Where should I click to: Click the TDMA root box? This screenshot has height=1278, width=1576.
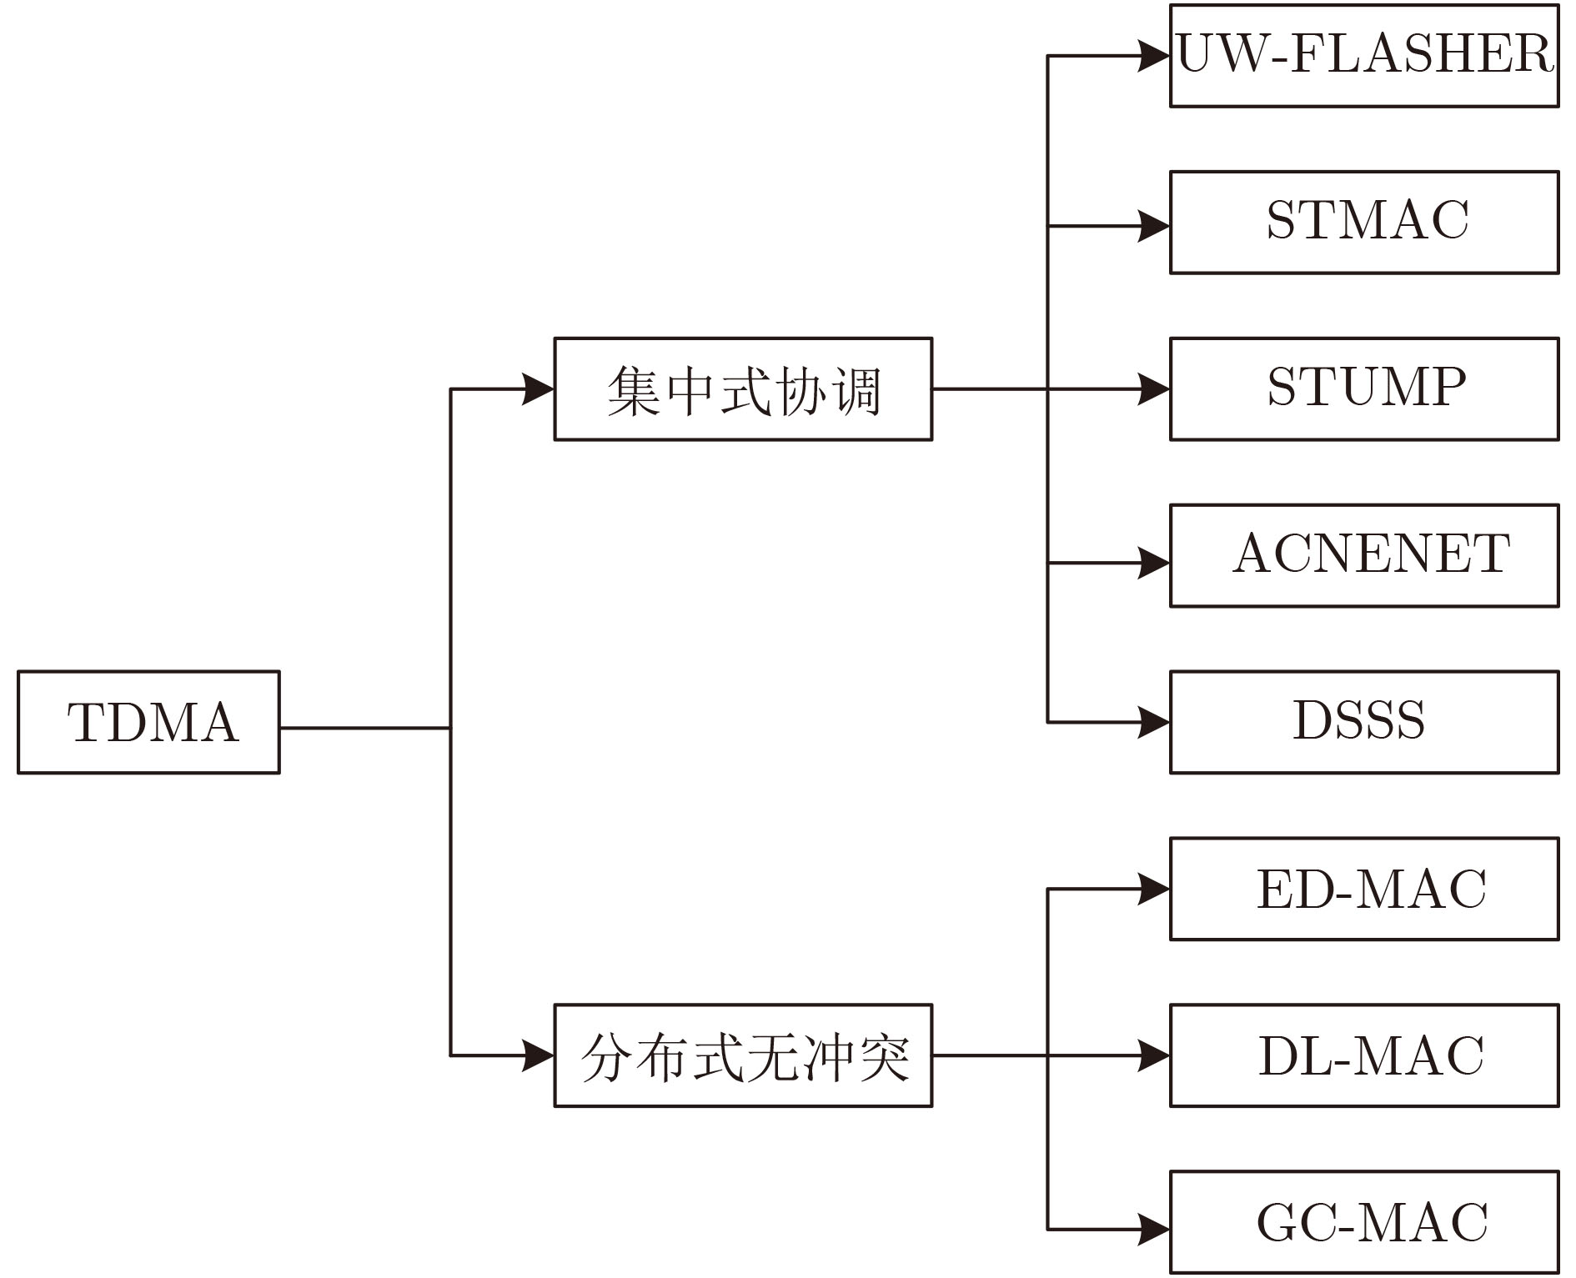click(148, 722)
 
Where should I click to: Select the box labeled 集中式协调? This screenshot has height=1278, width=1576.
click(743, 389)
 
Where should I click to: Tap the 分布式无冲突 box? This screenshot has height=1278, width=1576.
click(743, 1055)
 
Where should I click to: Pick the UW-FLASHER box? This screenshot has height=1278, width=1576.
click(1364, 56)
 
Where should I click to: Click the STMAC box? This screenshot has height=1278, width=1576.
click(1364, 223)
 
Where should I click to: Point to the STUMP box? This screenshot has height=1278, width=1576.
click(1364, 389)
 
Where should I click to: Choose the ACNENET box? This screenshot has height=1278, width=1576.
click(1364, 555)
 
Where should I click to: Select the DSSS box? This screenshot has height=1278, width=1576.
click(1364, 722)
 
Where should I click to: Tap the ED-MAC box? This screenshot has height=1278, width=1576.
click(1364, 889)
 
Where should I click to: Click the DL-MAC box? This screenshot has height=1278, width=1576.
click(1364, 1055)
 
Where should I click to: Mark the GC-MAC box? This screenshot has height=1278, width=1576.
click(1364, 1222)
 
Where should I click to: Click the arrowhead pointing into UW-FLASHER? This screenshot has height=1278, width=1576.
click(1155, 56)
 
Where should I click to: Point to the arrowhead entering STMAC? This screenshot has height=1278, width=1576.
click(1155, 226)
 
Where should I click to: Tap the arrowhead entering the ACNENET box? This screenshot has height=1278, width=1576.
click(1155, 563)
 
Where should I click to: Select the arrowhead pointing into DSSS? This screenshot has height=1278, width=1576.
click(1155, 722)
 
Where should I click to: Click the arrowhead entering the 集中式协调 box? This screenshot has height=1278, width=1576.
click(539, 389)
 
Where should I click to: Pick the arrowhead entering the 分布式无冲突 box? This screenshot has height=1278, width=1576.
click(539, 1055)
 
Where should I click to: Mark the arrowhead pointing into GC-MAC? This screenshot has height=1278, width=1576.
click(1155, 1229)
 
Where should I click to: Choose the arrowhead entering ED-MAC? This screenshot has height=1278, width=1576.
click(1155, 889)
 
